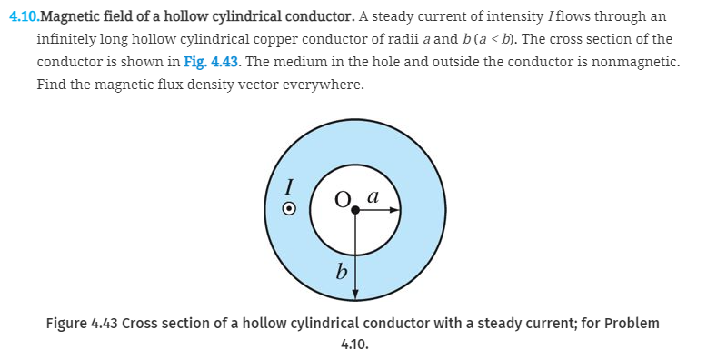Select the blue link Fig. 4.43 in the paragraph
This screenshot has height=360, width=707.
(205, 62)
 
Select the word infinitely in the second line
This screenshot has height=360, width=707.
(67, 40)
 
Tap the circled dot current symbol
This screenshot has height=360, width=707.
(289, 208)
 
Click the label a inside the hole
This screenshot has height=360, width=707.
(372, 195)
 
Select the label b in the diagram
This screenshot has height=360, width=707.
(342, 271)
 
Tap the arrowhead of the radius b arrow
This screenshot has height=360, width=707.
(355, 293)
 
